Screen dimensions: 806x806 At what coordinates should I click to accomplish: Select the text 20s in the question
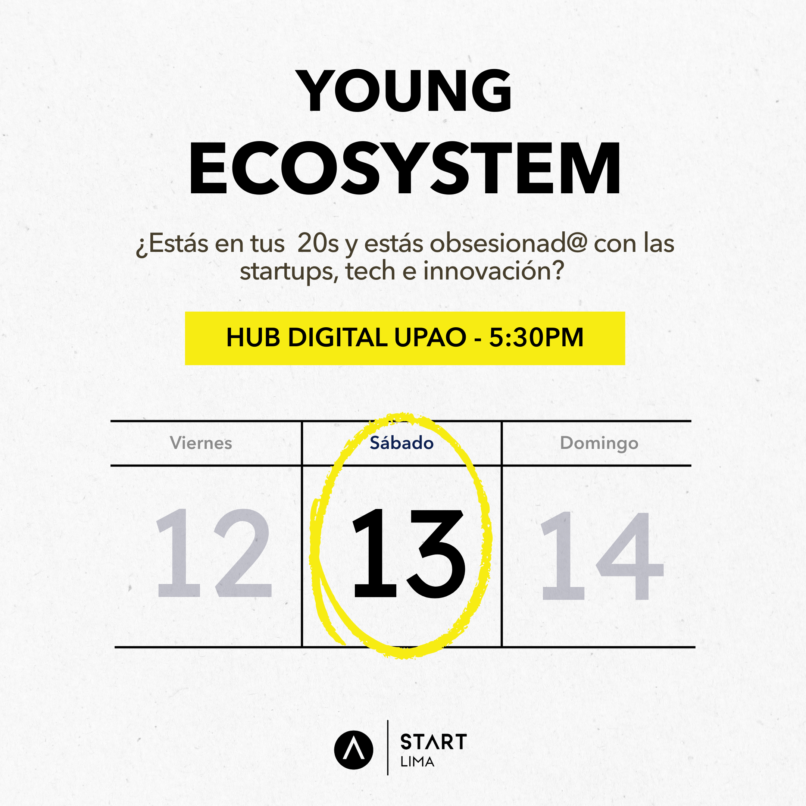click(318, 244)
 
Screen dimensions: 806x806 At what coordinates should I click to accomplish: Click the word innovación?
click(494, 271)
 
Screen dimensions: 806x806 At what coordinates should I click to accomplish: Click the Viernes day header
click(201, 443)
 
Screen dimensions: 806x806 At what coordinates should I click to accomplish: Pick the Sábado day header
click(402, 443)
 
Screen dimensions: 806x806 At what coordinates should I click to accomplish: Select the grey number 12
click(213, 553)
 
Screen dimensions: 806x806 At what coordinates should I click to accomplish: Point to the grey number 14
click(601, 555)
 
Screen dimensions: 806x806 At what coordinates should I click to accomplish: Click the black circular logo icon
click(353, 750)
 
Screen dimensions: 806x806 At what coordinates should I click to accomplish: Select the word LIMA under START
click(417, 762)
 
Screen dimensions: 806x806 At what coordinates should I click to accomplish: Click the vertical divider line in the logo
click(388, 747)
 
